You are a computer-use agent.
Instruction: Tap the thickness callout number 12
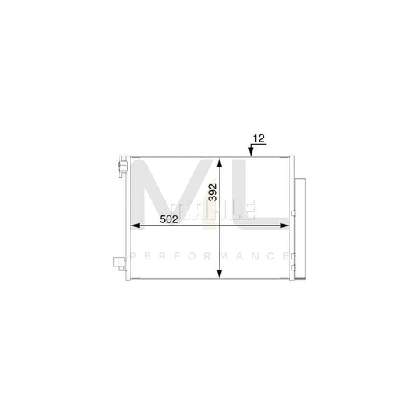258,140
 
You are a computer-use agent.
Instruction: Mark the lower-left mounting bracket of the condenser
119,263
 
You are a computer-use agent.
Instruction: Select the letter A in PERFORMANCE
237,256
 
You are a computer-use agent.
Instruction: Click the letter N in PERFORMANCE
252,256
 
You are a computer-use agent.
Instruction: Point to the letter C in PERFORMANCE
268,256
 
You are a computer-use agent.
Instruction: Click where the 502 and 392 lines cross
220,226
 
